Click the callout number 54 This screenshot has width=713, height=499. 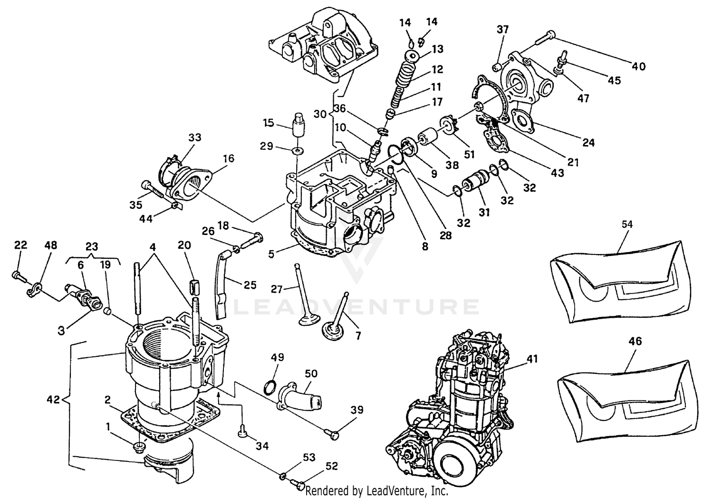(627, 225)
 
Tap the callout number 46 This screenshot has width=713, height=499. (635, 341)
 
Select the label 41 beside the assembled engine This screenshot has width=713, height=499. (532, 359)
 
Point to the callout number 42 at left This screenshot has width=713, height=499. (53, 400)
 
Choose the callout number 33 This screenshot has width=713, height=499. (195, 137)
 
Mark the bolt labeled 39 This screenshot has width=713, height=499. (332, 432)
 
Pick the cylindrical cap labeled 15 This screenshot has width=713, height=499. (299, 125)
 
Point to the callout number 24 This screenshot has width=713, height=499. (588, 142)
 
